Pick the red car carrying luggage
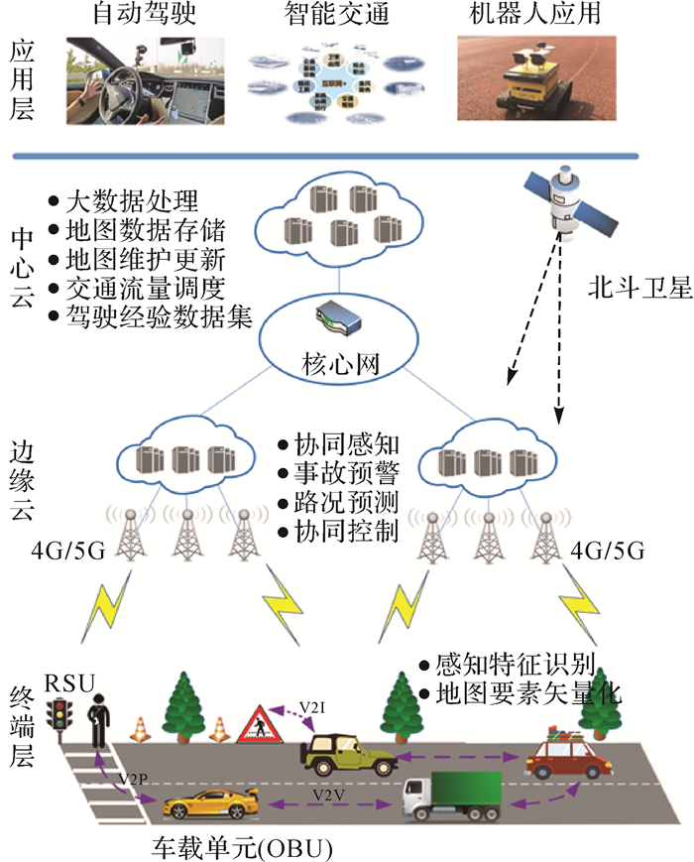point(561,755)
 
